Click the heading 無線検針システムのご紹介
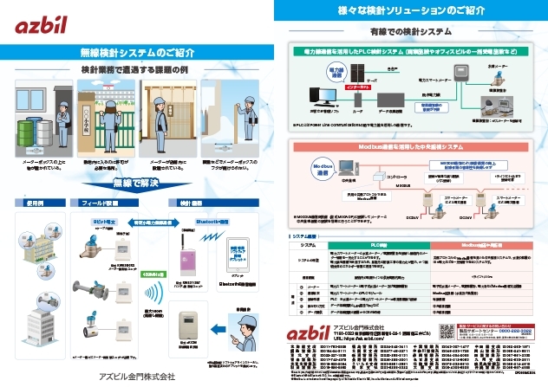pyautogui.click(x=136, y=50)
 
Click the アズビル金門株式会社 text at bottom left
pyautogui.click(x=137, y=376)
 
